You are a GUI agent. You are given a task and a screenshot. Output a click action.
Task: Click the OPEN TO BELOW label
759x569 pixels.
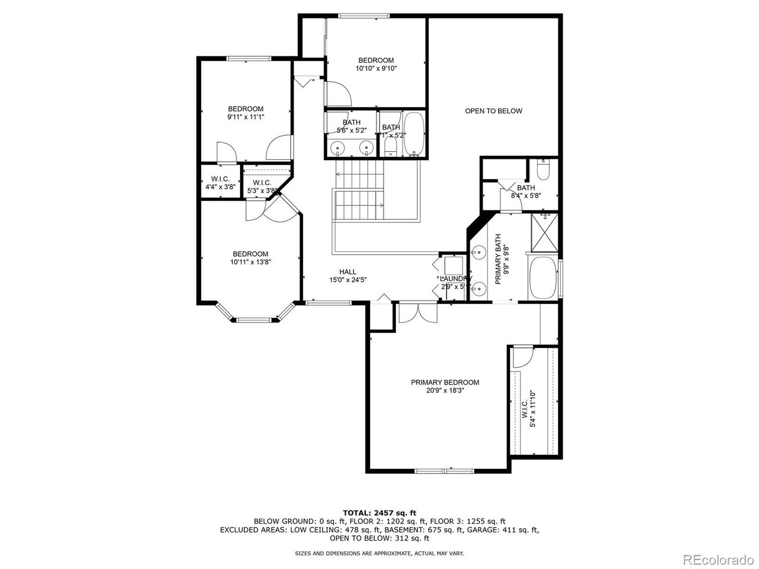493,111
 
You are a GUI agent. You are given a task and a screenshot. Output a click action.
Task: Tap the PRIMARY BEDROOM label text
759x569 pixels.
445,382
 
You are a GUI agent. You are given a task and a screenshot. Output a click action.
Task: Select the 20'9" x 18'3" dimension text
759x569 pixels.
445,391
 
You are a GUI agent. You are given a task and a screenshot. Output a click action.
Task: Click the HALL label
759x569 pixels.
348,272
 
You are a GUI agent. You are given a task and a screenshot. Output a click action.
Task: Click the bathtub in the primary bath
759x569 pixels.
543,277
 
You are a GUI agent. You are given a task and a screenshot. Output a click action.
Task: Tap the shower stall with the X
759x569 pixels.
543,232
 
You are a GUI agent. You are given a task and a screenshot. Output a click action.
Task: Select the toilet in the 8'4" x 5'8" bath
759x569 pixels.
543,170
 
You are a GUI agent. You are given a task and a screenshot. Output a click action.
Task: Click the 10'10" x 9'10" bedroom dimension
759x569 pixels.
376,68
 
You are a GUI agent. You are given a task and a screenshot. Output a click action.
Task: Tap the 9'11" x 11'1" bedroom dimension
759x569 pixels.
245,117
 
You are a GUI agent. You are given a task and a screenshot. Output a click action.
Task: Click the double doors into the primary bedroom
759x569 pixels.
418,313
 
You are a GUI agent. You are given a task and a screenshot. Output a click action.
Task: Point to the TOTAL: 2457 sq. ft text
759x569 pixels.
379,512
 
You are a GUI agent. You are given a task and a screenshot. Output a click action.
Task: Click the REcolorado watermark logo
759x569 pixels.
717,558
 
